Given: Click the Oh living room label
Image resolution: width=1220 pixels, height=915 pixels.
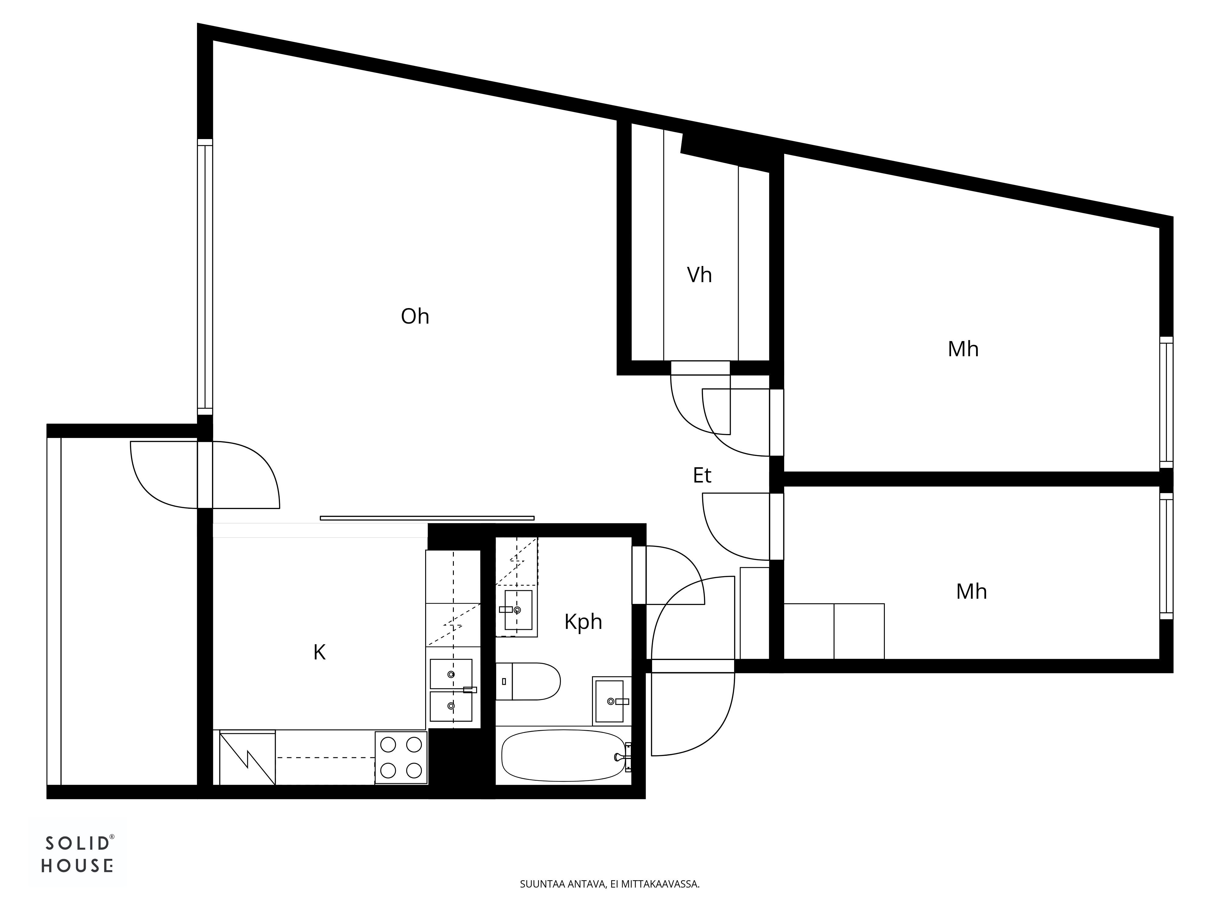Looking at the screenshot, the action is (x=415, y=317).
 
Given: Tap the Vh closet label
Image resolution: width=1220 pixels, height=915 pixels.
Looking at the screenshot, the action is (x=699, y=275).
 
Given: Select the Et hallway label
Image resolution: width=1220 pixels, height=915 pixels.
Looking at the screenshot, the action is (x=702, y=475).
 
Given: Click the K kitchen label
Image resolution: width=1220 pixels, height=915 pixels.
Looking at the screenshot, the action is (x=319, y=652).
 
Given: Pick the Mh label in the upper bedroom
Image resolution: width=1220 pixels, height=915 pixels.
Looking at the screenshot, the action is (x=963, y=349).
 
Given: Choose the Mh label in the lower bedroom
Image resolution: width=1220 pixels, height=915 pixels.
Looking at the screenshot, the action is (x=971, y=592).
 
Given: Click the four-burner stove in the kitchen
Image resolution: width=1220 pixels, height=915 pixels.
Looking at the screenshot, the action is (x=401, y=757).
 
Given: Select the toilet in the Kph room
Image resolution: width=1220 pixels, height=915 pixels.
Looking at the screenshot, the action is (x=528, y=682).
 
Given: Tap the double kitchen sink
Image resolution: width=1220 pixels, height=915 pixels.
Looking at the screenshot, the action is (x=451, y=690).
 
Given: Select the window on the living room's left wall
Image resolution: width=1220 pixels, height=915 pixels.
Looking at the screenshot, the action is (x=205, y=277).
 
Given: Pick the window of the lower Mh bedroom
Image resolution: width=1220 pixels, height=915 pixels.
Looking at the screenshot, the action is (x=1166, y=556).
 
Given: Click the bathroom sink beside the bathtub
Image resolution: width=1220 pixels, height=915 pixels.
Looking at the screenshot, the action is (x=611, y=701).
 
